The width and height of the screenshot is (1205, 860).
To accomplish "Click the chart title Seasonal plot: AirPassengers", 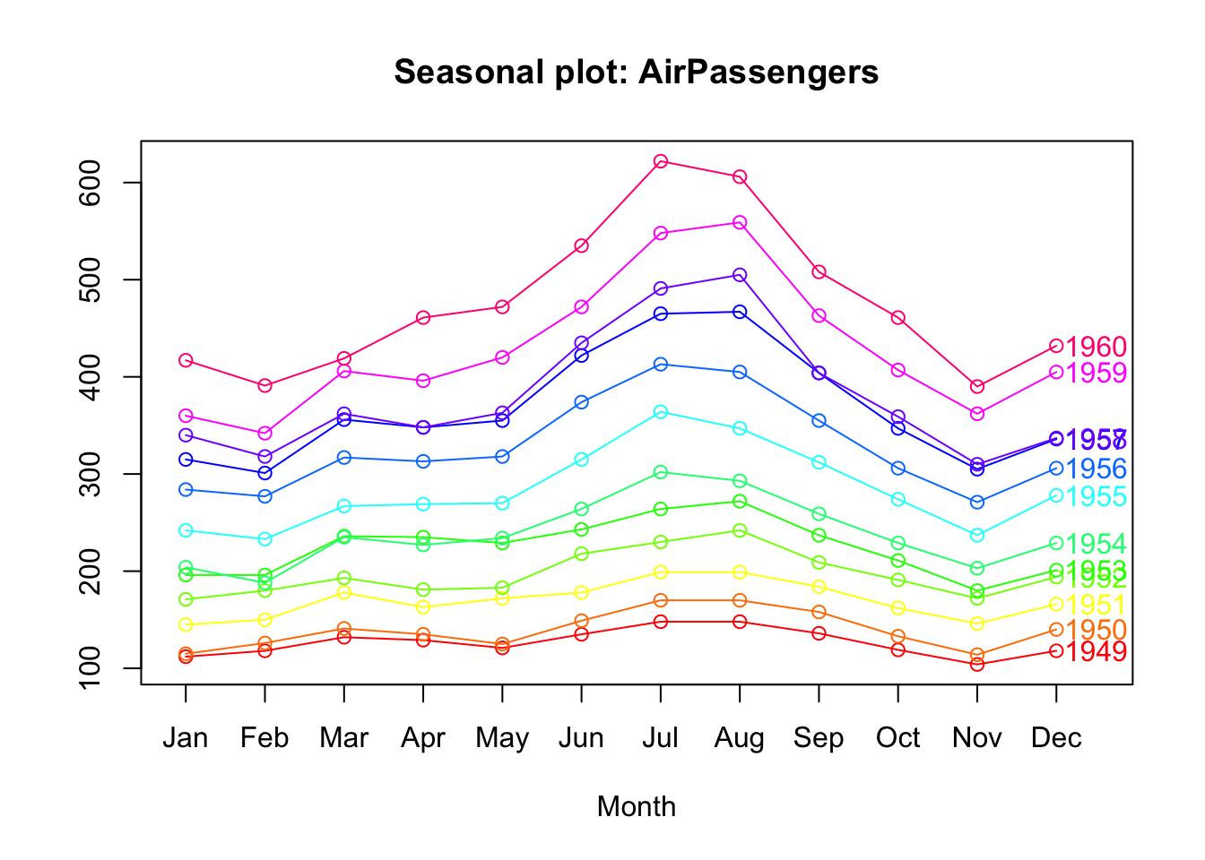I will (x=636, y=72).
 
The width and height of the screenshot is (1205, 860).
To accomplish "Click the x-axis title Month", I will (x=636, y=806).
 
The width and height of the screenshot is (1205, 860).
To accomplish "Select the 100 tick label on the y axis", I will (x=91, y=668).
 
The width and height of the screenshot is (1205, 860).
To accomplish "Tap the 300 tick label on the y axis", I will (x=91, y=474).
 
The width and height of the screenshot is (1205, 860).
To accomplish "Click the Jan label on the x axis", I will (x=186, y=738).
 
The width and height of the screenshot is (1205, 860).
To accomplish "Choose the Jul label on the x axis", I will (x=661, y=738).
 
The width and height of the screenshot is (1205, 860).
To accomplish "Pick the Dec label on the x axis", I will (x=1056, y=738).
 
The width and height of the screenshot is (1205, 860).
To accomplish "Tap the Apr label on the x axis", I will (x=423, y=738).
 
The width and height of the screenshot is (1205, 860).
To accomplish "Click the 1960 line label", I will (x=1097, y=348).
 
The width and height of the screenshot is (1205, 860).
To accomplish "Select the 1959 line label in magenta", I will (x=1097, y=374).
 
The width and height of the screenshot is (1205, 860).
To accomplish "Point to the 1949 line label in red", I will (x=1097, y=652).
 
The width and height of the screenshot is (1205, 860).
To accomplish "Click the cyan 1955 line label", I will (x=1097, y=497).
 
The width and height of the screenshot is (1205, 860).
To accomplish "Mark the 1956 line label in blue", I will (x=1097, y=469).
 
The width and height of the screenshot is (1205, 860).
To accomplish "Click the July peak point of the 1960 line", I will (x=661, y=161).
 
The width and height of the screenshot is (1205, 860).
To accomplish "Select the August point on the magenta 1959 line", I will (x=740, y=222).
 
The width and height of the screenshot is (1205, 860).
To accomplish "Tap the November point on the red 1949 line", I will (x=977, y=665).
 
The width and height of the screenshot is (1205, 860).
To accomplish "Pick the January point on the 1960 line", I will (x=186, y=360).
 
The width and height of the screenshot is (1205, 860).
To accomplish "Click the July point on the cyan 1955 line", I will (x=661, y=412).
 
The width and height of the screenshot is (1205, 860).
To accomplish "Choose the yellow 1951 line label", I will (x=1097, y=606).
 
